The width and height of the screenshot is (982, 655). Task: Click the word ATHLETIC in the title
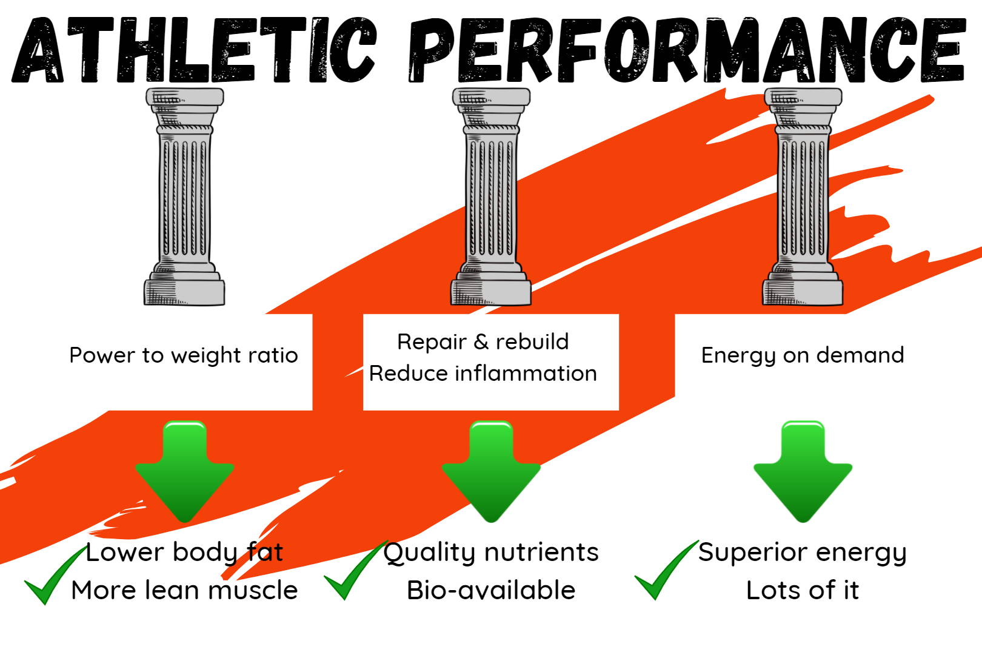[194, 50]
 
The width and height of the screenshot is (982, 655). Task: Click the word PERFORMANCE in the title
[687, 50]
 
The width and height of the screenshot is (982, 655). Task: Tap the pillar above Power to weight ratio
[184, 196]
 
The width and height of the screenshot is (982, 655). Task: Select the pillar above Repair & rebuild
[491, 196]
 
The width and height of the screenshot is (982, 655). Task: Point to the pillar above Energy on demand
[803, 196]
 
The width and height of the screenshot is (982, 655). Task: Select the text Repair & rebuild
[483, 342]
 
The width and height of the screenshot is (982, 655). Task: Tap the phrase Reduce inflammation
[483, 374]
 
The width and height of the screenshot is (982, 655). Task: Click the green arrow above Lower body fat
[184, 472]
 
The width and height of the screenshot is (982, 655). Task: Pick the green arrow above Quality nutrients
[491, 472]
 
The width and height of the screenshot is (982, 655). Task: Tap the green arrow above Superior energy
[803, 472]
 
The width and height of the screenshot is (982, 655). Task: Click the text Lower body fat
[184, 553]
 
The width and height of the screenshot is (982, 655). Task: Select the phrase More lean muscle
[184, 591]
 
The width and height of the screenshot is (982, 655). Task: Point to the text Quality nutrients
[491, 553]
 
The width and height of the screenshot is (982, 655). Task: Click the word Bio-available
[491, 591]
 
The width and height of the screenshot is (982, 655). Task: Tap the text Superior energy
[803, 553]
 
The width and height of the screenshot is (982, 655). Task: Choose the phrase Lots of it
[803, 591]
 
